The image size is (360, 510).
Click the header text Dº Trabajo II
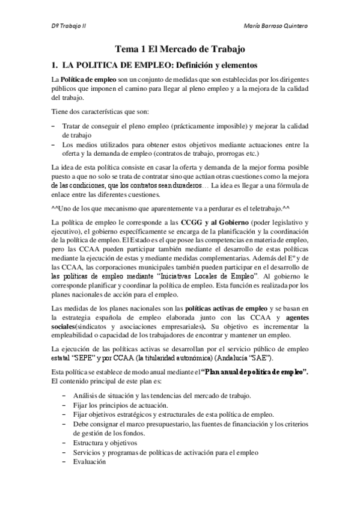[68, 28]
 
